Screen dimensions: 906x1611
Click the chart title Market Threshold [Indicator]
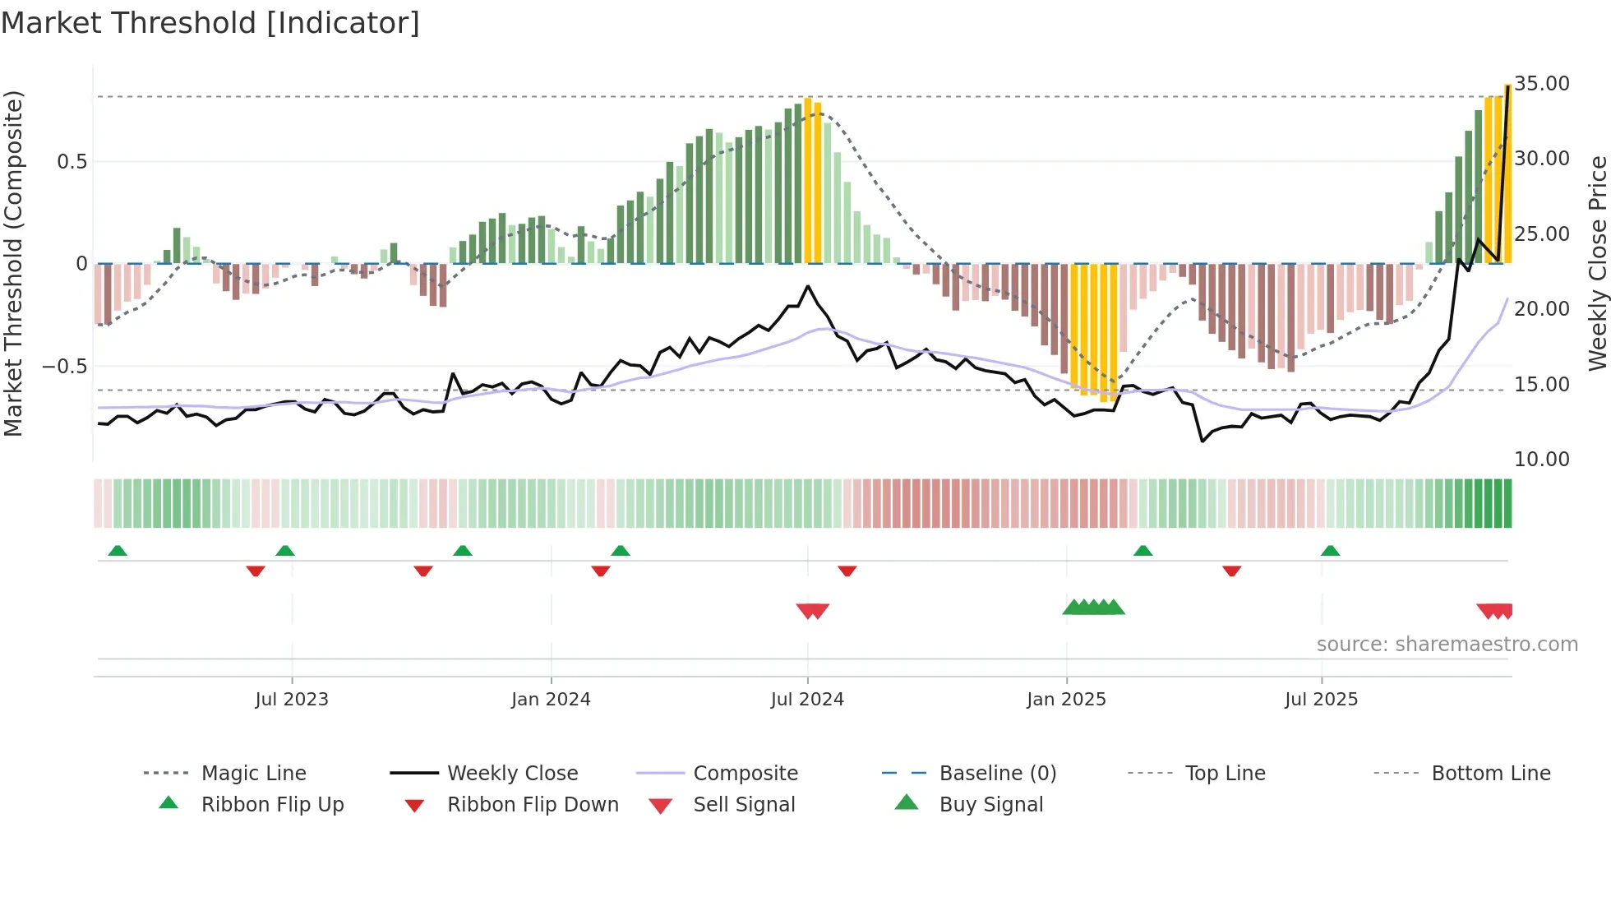(x=210, y=23)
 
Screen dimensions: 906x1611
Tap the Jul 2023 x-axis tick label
(x=291, y=700)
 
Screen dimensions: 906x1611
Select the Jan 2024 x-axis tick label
(x=551, y=700)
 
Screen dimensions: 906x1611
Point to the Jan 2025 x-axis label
(x=1066, y=700)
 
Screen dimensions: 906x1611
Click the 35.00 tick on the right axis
(x=1542, y=84)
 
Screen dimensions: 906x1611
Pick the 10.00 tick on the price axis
(x=1542, y=460)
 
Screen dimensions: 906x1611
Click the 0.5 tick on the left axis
(x=72, y=162)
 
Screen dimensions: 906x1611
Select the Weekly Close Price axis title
(x=1597, y=263)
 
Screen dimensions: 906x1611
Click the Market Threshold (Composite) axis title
(x=13, y=263)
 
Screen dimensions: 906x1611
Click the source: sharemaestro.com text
(x=1447, y=645)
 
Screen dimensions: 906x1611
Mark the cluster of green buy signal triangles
(x=1093, y=608)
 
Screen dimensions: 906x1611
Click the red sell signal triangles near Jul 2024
(x=813, y=611)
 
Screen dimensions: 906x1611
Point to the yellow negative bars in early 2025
(x=1093, y=329)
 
